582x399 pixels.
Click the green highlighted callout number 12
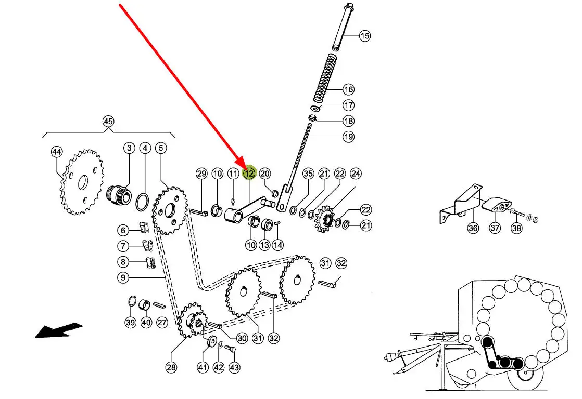[249, 173]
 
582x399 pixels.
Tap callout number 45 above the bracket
[108, 121]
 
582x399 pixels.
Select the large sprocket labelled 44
[82, 182]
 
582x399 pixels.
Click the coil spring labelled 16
[325, 78]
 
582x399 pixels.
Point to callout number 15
[364, 35]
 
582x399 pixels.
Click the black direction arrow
[59, 330]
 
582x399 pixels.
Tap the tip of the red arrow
[245, 168]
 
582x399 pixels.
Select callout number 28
[171, 367]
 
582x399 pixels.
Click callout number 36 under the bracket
[473, 228]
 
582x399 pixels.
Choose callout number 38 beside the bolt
[516, 228]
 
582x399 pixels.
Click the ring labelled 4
[142, 202]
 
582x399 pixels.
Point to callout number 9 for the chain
[123, 277]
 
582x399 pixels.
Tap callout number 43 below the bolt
[234, 367]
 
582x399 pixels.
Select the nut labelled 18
[312, 118]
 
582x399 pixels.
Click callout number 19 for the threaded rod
[348, 137]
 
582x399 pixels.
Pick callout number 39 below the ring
[130, 322]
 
